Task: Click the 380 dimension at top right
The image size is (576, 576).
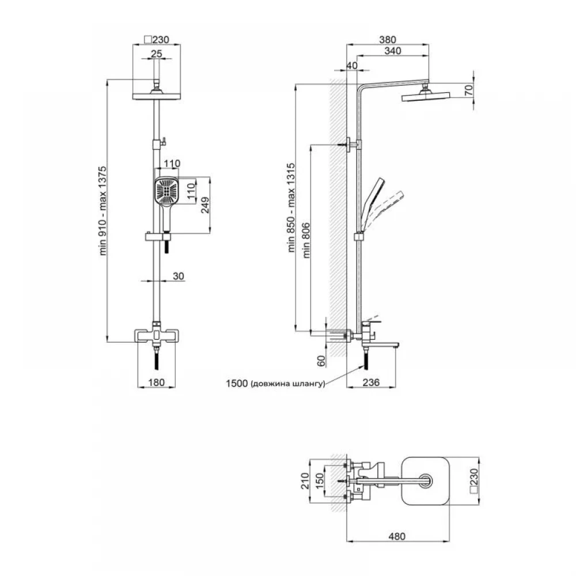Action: (388, 39)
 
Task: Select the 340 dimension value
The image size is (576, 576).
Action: (392, 51)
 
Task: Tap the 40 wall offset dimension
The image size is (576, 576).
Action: (351, 66)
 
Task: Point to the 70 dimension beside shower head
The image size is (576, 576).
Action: (469, 90)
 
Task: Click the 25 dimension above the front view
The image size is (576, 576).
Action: (156, 54)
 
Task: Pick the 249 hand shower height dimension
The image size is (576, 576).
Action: (205, 205)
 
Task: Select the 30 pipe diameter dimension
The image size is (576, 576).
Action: (178, 276)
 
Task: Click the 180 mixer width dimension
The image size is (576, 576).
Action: (156, 382)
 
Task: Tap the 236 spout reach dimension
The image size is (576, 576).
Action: (371, 382)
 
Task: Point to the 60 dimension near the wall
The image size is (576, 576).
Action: (321, 361)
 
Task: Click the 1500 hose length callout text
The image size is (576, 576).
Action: (275, 384)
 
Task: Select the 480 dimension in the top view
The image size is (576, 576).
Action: (397, 536)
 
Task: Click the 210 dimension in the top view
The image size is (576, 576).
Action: (305, 481)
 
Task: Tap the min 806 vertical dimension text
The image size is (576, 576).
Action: (306, 241)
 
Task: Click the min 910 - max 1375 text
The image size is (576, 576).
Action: (103, 210)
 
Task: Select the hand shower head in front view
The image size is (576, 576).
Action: (166, 191)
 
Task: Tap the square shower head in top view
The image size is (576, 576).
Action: (426, 481)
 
